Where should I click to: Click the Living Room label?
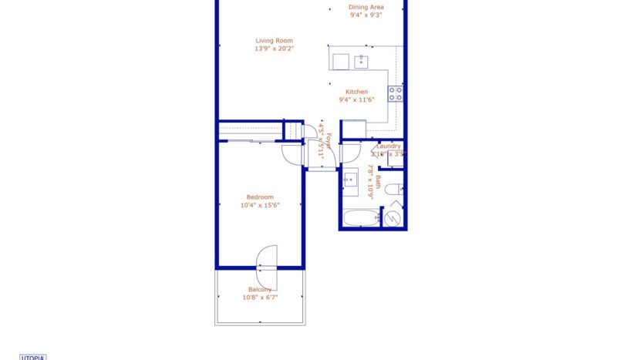pyautogui.click(x=275, y=41)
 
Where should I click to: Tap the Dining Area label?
pyautogui.click(x=366, y=7)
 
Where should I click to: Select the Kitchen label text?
pyautogui.click(x=356, y=92)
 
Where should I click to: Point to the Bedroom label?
pyautogui.click(x=259, y=197)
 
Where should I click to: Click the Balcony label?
pyautogui.click(x=259, y=289)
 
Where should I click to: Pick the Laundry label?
pyautogui.click(x=388, y=146)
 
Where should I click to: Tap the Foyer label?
pyautogui.click(x=329, y=140)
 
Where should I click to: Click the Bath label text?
pyautogui.click(x=378, y=182)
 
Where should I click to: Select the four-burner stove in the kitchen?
pyautogui.click(x=395, y=94)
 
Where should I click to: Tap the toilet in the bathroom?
pyautogui.click(x=392, y=190)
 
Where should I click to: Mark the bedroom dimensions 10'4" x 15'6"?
pyautogui.click(x=259, y=205)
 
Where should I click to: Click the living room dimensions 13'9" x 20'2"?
pyautogui.click(x=275, y=49)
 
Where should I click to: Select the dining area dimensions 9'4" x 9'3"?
pyautogui.click(x=366, y=15)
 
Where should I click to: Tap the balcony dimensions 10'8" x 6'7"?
pyautogui.click(x=259, y=297)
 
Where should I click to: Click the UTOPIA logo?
pyautogui.click(x=32, y=357)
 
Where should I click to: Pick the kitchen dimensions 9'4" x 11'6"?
pyautogui.click(x=356, y=99)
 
